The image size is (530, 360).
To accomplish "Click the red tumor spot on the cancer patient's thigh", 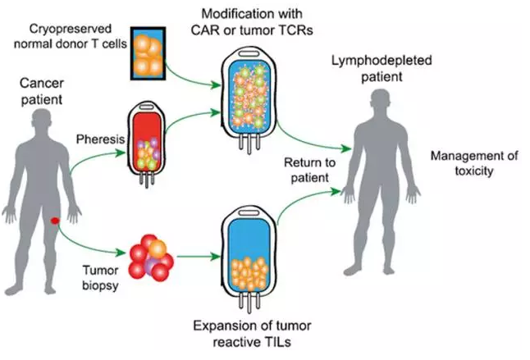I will pos(54,221).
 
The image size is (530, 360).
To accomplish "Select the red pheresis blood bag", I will pos(148,144).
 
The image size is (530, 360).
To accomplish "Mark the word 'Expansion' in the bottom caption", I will pos(218,328).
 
